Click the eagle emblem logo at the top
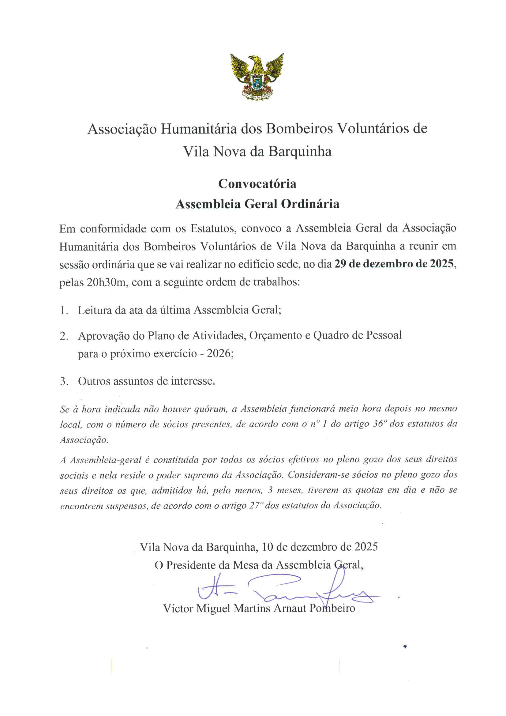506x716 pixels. [x=257, y=76]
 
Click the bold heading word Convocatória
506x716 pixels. [x=257, y=184]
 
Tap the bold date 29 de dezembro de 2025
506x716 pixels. [x=394, y=264]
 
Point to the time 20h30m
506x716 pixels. [x=106, y=282]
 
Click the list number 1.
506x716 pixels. [x=64, y=311]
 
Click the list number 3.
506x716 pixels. [x=64, y=381]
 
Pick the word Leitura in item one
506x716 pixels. [x=95, y=310]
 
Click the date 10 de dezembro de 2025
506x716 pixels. [x=320, y=547]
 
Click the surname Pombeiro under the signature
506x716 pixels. [x=332, y=608]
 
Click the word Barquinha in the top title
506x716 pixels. [x=300, y=152]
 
